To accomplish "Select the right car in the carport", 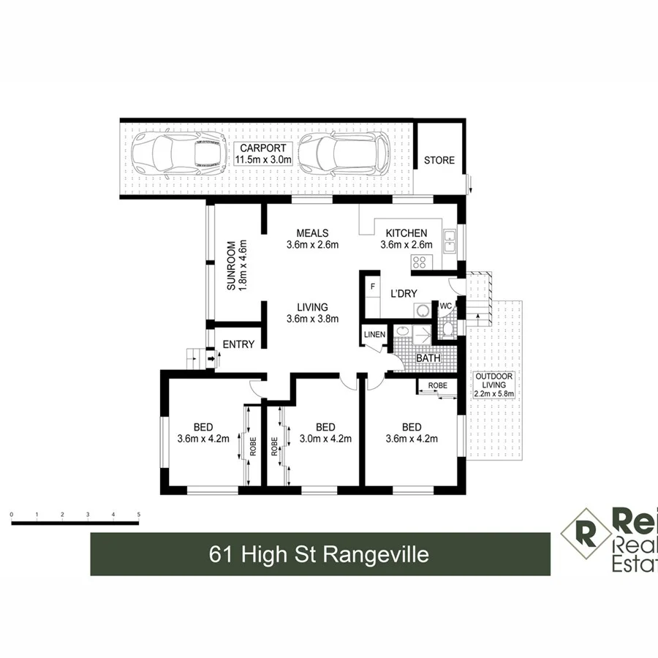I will coord(343,154).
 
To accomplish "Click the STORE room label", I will coord(439,160).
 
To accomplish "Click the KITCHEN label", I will coord(406,233).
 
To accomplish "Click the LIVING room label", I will coord(312,307).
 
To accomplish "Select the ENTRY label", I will coord(238,344).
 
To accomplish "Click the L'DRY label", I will coord(403,294).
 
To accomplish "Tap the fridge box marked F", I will coord(373,285).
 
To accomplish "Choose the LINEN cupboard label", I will coord(374,335).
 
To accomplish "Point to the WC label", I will coord(445,306).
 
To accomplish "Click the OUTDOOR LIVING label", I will coord(494,381).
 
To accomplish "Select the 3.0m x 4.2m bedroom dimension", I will coord(325,439).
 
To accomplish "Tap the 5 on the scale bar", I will coord(138,515).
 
